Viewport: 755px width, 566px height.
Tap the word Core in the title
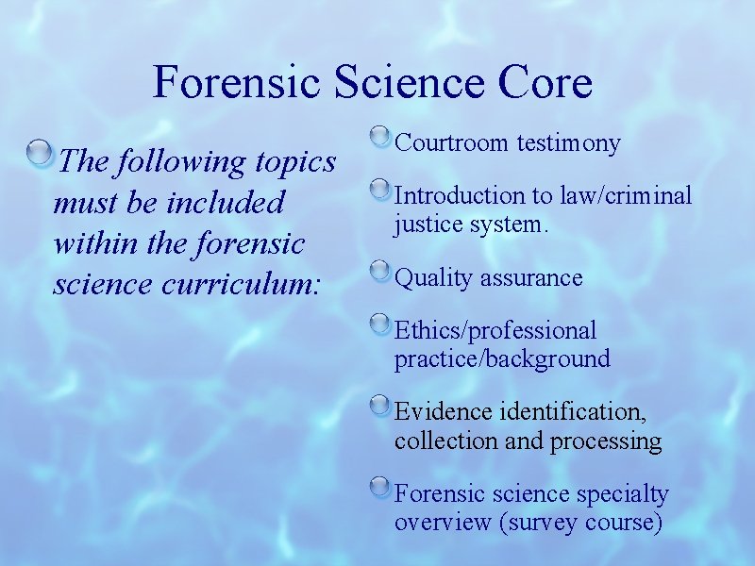[x=546, y=82]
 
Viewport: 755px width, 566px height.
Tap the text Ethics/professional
[x=495, y=331]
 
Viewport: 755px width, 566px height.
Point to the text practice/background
[x=502, y=359]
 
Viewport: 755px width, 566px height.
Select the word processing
[x=606, y=441]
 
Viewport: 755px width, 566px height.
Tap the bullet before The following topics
[x=41, y=154]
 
